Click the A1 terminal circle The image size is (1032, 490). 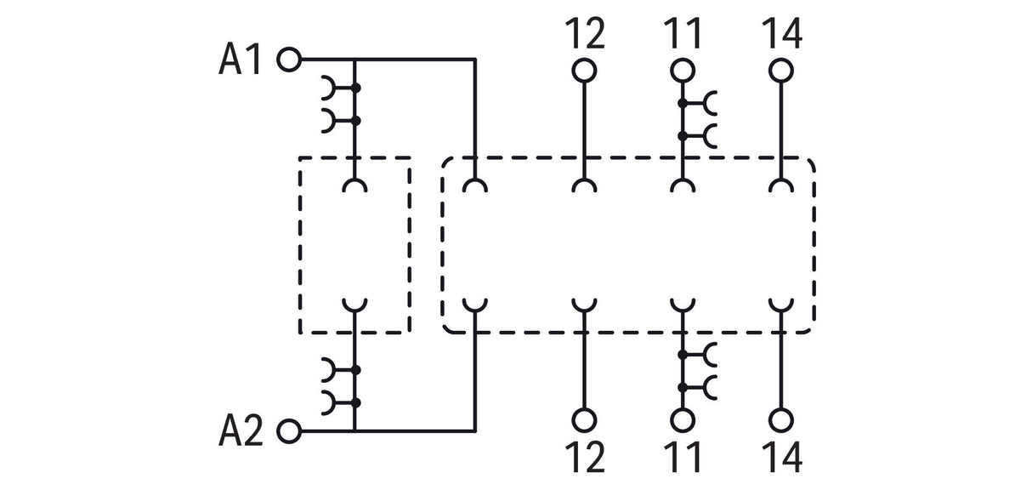289,60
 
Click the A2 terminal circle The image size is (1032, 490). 289,431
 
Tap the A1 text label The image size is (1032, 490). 240,59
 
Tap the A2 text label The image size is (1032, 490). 241,430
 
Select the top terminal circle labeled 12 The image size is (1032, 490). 584,71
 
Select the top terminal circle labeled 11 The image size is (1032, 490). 683,71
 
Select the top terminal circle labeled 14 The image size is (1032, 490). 781,71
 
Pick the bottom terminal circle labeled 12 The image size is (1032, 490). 584,420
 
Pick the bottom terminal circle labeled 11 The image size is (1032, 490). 683,420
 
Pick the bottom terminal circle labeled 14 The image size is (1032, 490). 781,420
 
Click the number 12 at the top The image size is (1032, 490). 585,33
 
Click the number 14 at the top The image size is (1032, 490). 782,33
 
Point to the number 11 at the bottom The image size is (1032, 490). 683,458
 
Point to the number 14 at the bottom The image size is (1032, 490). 782,458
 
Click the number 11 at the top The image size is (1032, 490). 683,33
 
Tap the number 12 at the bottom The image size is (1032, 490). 585,458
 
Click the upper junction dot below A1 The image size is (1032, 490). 355,88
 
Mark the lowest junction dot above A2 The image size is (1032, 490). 355,403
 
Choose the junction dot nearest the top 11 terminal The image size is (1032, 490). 683,103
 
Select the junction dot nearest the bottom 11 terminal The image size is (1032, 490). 683,388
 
